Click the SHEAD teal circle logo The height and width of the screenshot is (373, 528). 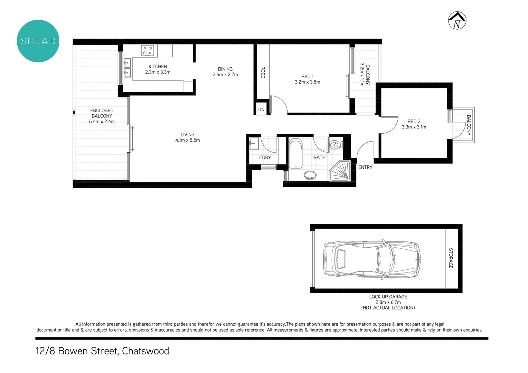[x=38, y=41]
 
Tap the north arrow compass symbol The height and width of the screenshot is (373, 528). [x=457, y=20]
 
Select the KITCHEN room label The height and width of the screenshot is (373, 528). [x=158, y=67]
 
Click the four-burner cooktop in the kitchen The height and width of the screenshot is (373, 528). [x=148, y=51]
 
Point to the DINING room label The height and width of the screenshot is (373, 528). [x=225, y=69]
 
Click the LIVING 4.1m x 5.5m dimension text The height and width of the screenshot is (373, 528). [x=187, y=140]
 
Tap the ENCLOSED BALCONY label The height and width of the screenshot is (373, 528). [x=102, y=113]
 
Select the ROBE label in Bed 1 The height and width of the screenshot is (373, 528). [x=263, y=72]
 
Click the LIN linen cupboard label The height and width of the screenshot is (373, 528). [x=261, y=109]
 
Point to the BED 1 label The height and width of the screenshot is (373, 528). [x=307, y=77]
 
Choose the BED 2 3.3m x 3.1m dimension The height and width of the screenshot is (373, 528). [x=414, y=127]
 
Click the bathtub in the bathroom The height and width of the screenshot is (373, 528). [x=295, y=154]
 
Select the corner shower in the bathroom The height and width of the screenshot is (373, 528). [x=340, y=172]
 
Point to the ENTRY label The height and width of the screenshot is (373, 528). [x=365, y=167]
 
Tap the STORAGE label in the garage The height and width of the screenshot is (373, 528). [x=451, y=258]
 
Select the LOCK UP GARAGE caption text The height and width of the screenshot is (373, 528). [x=388, y=297]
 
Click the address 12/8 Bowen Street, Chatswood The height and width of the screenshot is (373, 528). [x=102, y=351]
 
